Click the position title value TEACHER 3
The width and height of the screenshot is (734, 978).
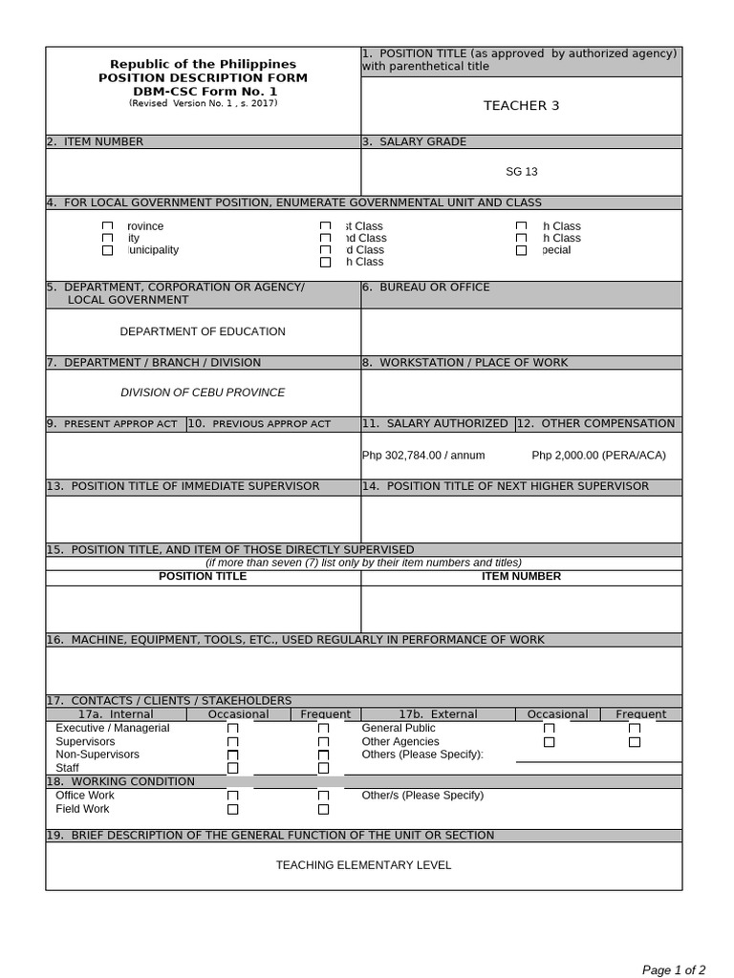tap(521, 106)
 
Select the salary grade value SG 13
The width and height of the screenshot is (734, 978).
tap(521, 172)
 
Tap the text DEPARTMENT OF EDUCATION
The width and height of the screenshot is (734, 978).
tap(203, 331)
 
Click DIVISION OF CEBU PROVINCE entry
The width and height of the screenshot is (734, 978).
tap(203, 393)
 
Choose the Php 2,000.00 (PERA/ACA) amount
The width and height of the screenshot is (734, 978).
tap(598, 456)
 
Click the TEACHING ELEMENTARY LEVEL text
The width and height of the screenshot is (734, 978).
tap(363, 865)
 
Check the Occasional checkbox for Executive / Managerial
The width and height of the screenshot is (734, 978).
tap(232, 729)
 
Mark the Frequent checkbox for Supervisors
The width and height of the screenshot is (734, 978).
tap(323, 742)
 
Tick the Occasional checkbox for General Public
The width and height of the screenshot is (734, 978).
tap(549, 729)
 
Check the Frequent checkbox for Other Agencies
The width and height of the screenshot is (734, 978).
tap(635, 742)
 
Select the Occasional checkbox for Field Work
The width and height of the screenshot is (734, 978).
tap(232, 809)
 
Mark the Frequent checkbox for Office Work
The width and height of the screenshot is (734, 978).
tap(323, 796)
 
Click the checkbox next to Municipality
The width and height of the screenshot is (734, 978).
tap(107, 250)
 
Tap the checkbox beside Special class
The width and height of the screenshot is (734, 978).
tap(521, 250)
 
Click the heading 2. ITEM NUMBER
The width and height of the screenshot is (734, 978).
tap(96, 141)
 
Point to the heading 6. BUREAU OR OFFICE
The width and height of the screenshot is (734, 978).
tap(426, 287)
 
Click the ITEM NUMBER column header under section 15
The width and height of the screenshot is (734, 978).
tap(521, 577)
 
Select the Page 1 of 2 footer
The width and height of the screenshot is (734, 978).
tap(674, 970)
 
